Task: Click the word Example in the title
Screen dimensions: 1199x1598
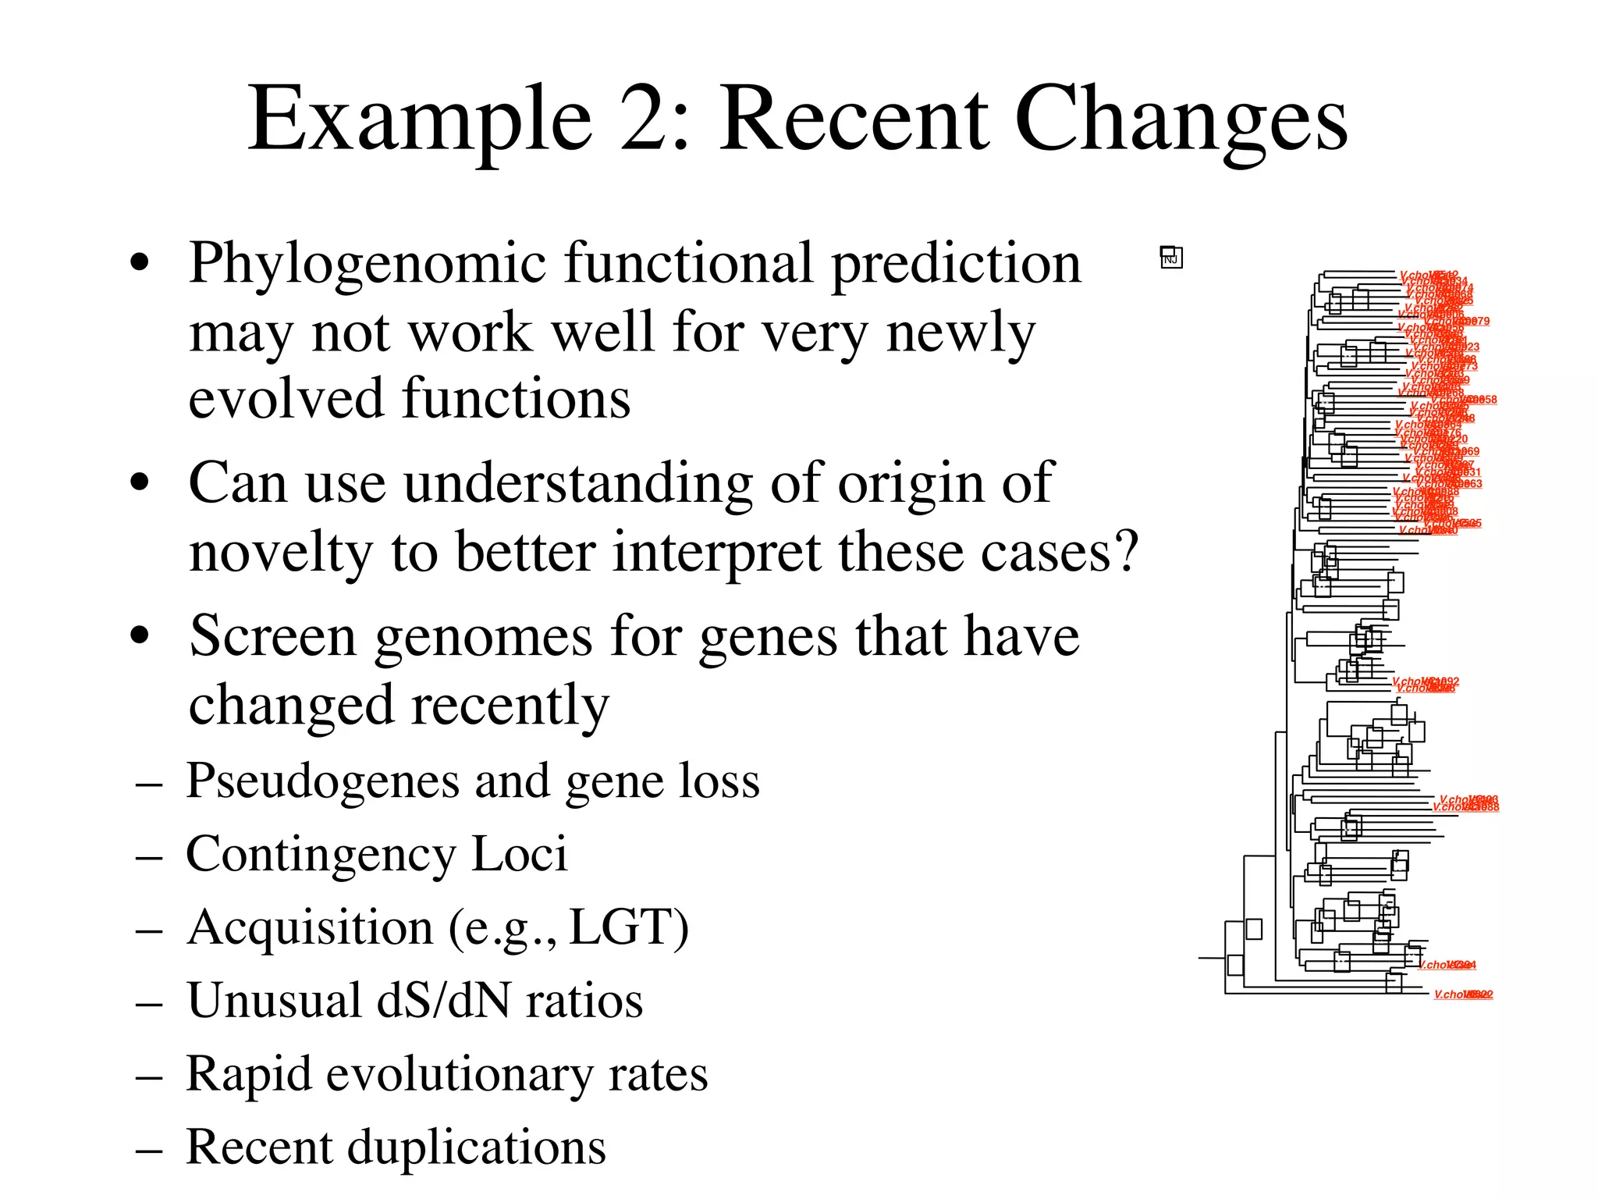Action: pos(420,120)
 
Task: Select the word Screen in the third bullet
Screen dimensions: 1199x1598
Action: pos(273,635)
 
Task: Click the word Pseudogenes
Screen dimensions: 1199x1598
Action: pos(322,781)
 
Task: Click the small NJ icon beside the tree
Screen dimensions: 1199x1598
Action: pos(1171,257)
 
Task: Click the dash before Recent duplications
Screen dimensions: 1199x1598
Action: pos(148,1149)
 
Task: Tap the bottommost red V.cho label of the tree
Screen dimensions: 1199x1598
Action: pos(1463,994)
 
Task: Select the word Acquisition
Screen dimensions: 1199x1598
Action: pos(310,927)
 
